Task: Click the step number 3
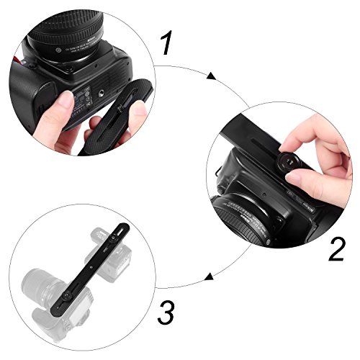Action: (165, 312)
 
